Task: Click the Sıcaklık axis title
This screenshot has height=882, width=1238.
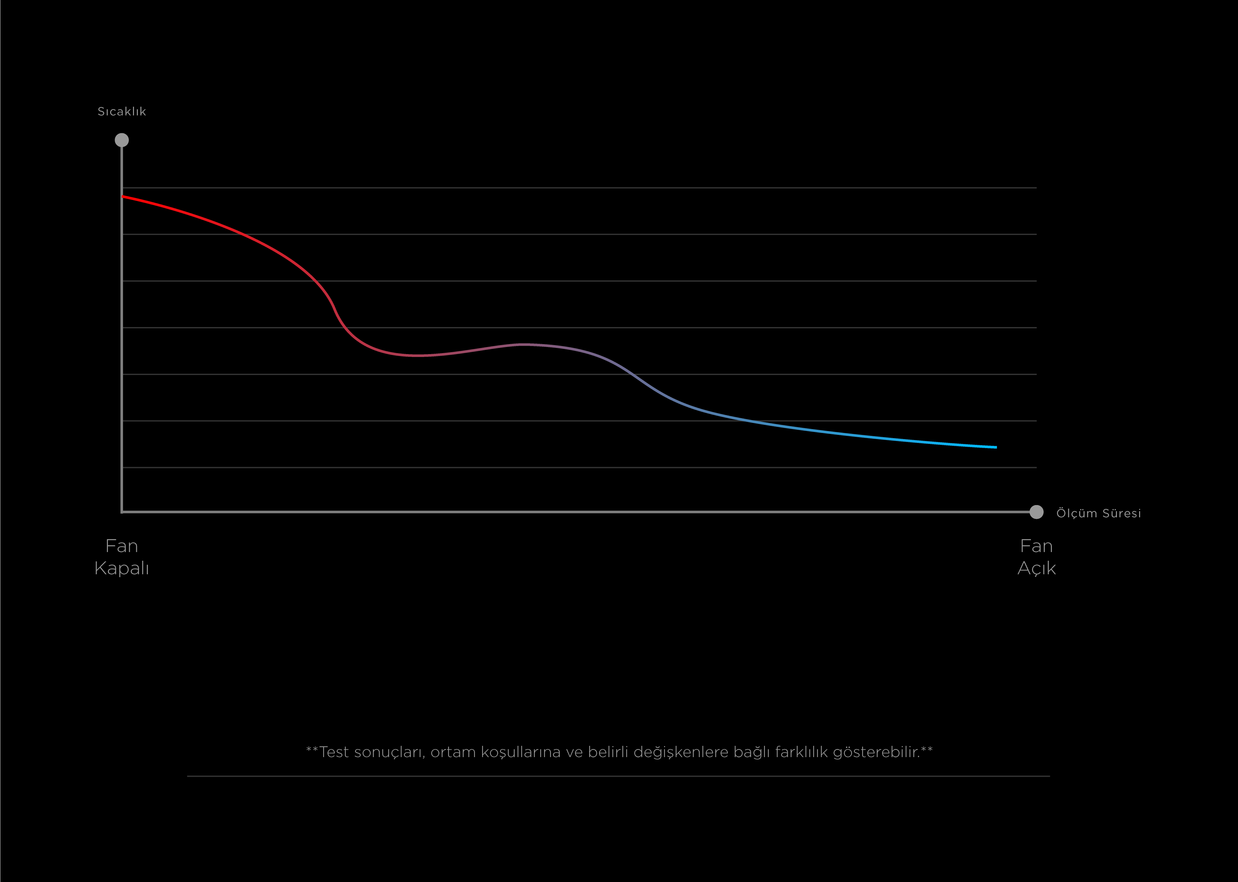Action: (122, 111)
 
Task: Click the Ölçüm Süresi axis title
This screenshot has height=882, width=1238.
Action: (1099, 513)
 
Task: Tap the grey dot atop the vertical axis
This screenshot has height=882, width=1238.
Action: (122, 140)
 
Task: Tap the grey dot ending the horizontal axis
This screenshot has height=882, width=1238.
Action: (1036, 512)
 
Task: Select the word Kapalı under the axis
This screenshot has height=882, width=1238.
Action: (122, 568)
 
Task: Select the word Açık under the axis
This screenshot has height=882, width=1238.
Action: (1036, 568)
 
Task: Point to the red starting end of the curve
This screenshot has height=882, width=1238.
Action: (124, 197)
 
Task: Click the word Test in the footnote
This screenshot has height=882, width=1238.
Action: (334, 752)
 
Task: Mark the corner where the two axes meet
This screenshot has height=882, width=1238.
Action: (122, 511)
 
